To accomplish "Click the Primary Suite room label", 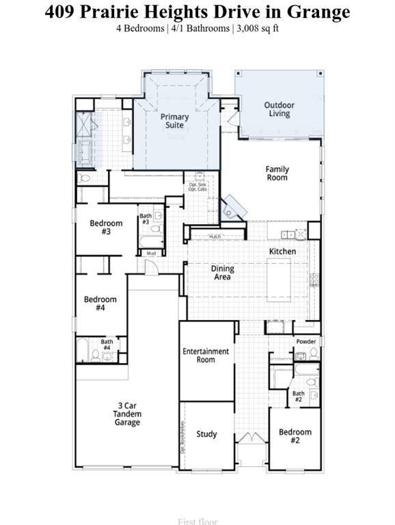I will (x=175, y=121).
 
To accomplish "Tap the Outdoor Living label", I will (x=279, y=109).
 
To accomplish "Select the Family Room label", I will (x=277, y=173).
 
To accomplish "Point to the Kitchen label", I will (x=282, y=252).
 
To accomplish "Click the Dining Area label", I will (x=222, y=273).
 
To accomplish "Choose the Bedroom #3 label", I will (x=106, y=228).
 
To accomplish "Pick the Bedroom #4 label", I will (x=100, y=304).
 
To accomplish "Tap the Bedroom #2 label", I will (x=295, y=436).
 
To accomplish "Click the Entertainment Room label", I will (x=206, y=355).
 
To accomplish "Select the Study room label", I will (x=206, y=434).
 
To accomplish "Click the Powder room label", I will (x=305, y=341).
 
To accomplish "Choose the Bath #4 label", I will (x=107, y=345).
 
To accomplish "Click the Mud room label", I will (x=151, y=253).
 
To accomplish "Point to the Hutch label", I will (x=215, y=237).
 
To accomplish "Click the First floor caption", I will (x=197, y=522).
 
